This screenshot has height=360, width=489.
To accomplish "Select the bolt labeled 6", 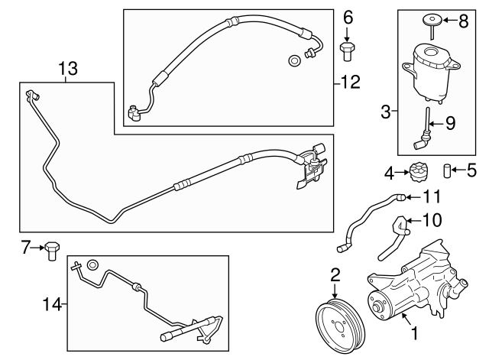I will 348,50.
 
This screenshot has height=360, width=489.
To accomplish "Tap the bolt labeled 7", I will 53,250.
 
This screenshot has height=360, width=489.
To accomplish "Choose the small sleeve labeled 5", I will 449,170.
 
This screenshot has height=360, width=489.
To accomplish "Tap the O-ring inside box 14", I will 92,265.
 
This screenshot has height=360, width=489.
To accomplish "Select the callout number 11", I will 432,196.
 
